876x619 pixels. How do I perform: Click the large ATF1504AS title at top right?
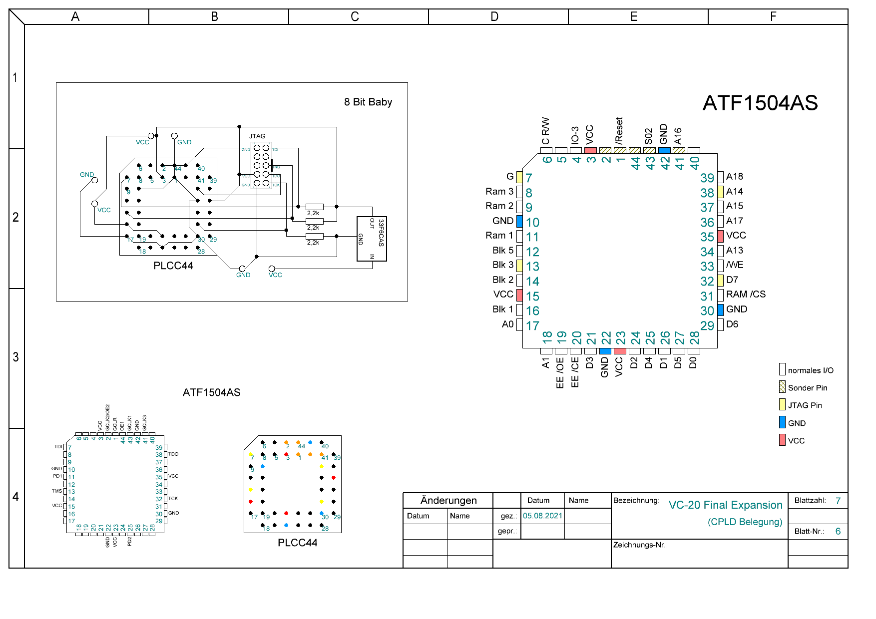pyautogui.click(x=760, y=103)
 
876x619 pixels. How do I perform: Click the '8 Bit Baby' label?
pyautogui.click(x=368, y=102)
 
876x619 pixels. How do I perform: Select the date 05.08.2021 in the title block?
pyautogui.click(x=542, y=516)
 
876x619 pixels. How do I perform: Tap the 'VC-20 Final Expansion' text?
pyautogui.click(x=725, y=505)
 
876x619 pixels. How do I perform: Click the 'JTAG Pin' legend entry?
pyautogui.click(x=805, y=405)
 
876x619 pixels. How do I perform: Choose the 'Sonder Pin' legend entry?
pyautogui.click(x=807, y=388)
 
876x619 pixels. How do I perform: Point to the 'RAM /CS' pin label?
pyautogui.click(x=746, y=295)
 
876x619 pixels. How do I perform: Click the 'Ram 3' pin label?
pyautogui.click(x=499, y=192)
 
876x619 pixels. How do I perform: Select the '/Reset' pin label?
pyautogui.click(x=619, y=131)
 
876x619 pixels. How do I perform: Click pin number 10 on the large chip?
pyautogui.click(x=532, y=223)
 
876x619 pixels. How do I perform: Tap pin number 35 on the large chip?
pyautogui.click(x=707, y=237)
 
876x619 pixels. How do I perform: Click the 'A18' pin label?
pyautogui.click(x=734, y=177)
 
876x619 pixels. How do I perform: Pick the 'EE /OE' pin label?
pyautogui.click(x=560, y=372)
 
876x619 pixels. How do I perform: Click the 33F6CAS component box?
pyautogui.click(x=372, y=239)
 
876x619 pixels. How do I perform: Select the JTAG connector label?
pyautogui.click(x=257, y=136)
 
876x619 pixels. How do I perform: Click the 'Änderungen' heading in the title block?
pyautogui.click(x=448, y=501)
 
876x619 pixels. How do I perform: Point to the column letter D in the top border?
pyautogui.click(x=494, y=17)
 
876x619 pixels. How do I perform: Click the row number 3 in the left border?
pyautogui.click(x=16, y=357)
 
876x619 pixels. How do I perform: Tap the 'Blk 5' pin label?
pyautogui.click(x=502, y=251)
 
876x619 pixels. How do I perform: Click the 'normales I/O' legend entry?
pyautogui.click(x=810, y=370)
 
